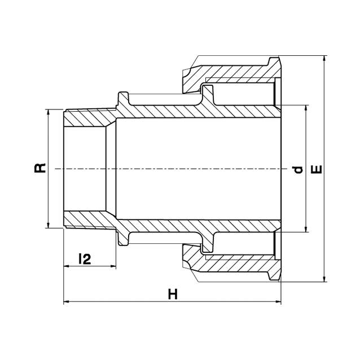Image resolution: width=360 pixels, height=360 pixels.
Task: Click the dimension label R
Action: (x=40, y=168)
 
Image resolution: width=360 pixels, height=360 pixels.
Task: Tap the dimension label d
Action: (x=298, y=170)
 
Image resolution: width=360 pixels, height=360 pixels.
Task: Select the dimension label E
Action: (x=317, y=169)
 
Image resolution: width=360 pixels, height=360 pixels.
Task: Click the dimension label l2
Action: (x=85, y=259)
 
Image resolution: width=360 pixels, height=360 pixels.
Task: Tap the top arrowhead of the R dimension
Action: (x=48, y=112)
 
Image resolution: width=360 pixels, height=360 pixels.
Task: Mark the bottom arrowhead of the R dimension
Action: (x=48, y=225)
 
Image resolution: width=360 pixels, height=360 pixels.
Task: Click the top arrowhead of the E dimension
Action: (x=324, y=59)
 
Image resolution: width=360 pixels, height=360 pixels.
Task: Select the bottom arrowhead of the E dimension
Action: (x=324, y=279)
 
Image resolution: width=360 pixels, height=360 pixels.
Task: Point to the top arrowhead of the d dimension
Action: (x=306, y=108)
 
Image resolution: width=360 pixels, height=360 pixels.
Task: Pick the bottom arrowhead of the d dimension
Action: (x=306, y=229)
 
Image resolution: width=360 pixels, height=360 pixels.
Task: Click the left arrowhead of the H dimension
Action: (x=67, y=301)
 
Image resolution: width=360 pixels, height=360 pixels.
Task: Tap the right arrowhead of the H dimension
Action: (x=278, y=301)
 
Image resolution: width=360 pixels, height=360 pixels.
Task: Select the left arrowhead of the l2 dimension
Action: (x=67, y=266)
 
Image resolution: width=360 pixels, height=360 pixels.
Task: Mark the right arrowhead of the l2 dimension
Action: (x=113, y=266)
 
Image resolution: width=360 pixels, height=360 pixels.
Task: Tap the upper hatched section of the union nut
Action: (x=232, y=73)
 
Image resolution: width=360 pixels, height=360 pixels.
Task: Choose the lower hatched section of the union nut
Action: (x=232, y=264)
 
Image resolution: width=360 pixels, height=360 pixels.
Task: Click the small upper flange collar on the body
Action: (x=123, y=99)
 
